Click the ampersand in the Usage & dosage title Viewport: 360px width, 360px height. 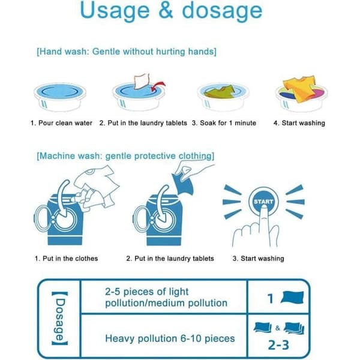point(166,10)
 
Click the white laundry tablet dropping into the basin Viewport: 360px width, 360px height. point(142,81)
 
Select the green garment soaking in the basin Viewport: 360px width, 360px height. point(219,92)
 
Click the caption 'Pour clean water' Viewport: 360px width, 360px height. point(65,123)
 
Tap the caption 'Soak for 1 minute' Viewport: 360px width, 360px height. point(228,123)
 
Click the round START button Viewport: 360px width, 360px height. point(263,202)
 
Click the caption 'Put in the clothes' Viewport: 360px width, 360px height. point(70,259)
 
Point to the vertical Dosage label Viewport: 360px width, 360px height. point(60,318)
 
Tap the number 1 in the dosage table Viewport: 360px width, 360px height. point(271,298)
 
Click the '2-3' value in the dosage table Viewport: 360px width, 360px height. point(278,345)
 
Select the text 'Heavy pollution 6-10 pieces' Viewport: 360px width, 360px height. point(170,338)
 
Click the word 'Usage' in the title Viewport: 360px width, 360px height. point(115,11)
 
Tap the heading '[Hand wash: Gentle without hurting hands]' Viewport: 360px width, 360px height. point(127,52)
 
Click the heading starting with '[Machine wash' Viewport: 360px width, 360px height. point(125,156)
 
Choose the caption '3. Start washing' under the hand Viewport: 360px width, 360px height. point(258,259)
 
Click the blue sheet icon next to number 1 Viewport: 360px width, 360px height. point(292,298)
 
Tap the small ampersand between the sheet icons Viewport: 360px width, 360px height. point(278,328)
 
